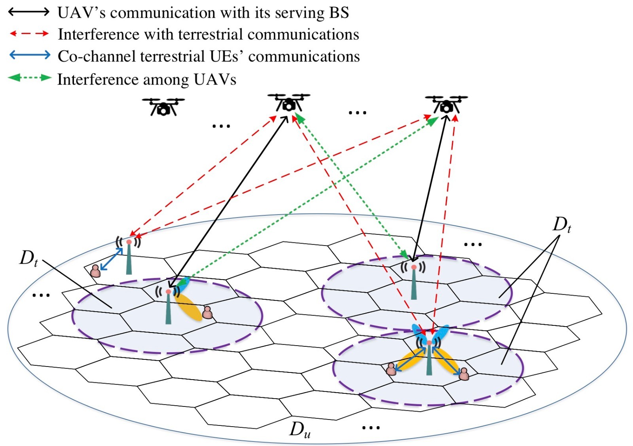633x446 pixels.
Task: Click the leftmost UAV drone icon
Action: click(163, 106)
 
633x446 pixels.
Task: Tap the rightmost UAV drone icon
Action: click(446, 104)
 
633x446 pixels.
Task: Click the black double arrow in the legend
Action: click(29, 12)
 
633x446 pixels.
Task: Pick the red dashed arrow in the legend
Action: click(29, 34)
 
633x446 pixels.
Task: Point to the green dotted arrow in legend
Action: click(30, 77)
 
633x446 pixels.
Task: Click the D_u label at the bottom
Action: click(300, 430)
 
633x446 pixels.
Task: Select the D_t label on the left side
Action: click(29, 258)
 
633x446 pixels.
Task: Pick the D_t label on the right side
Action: click(561, 225)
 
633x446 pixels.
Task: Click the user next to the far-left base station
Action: click(95, 271)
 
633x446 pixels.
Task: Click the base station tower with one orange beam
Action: click(169, 306)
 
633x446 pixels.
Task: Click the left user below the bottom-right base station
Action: click(391, 369)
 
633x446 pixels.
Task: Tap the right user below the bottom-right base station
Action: click(464, 374)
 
